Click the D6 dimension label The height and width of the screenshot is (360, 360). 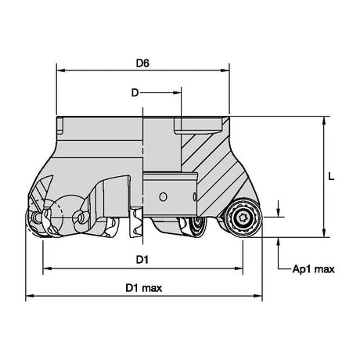tap(142, 63)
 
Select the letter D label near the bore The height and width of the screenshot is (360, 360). tap(135, 92)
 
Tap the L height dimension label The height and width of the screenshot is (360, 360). tap(331, 177)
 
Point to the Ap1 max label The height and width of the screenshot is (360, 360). tap(313, 269)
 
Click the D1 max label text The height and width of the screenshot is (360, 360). tap(144, 288)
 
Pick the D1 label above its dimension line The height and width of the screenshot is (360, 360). tap(142, 260)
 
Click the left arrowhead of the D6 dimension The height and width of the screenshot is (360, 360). tap(61, 70)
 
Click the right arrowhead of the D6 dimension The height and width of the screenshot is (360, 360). tap(225, 70)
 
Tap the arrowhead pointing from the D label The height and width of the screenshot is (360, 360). tap(177, 92)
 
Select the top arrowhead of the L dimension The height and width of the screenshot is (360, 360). tap(324, 121)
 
